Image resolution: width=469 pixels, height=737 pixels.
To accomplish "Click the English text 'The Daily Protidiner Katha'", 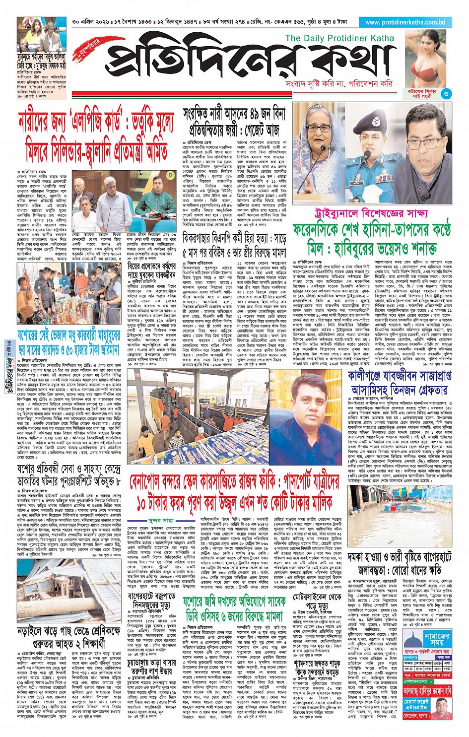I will [339, 38].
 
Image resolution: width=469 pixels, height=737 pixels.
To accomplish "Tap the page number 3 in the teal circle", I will [447, 93].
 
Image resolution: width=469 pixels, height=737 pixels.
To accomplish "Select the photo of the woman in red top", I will [425, 60].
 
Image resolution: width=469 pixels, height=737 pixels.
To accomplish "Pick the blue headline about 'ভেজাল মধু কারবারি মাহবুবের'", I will [68, 342].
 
